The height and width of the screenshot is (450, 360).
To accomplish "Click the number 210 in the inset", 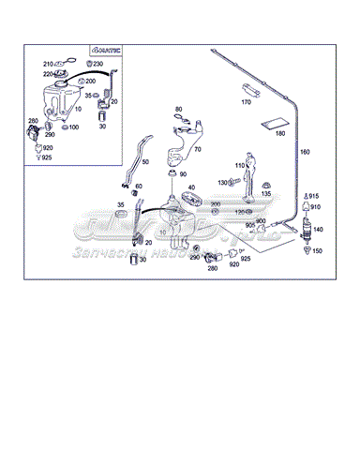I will [47, 64].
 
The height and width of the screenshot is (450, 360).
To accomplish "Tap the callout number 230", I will [97, 64].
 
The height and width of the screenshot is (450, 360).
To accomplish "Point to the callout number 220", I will [47, 73].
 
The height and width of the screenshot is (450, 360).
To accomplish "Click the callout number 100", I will [73, 127].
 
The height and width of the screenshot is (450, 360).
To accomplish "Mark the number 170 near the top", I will [247, 101].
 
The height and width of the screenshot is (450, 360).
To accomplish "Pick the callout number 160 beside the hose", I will [304, 152].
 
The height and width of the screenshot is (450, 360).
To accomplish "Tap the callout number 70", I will [197, 149].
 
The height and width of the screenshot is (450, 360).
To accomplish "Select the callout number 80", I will [178, 110].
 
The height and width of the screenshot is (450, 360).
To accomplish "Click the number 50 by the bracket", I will [145, 162].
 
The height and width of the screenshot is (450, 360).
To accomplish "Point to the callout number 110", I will [240, 166].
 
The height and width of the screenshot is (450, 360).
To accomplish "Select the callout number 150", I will [316, 251].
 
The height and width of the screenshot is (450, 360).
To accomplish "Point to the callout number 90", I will [182, 175].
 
